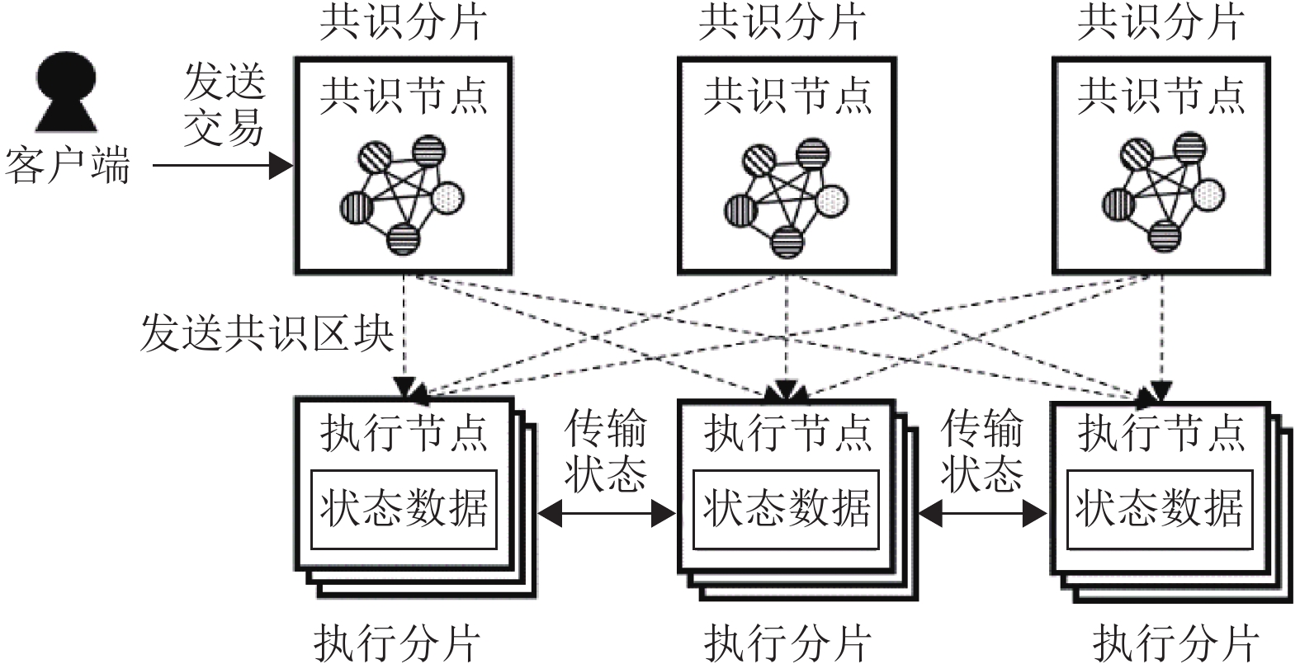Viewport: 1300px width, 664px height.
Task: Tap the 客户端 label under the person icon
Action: pos(68,165)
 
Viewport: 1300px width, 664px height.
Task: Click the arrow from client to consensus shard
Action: pos(223,167)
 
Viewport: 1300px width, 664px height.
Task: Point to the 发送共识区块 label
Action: pos(266,332)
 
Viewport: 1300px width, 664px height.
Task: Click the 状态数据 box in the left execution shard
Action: pos(404,509)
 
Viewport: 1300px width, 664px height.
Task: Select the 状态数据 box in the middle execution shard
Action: pos(787,509)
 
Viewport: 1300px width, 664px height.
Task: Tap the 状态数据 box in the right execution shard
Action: pos(1160,509)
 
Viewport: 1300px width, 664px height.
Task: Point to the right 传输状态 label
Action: pos(982,452)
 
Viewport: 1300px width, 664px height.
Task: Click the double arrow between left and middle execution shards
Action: pos(607,514)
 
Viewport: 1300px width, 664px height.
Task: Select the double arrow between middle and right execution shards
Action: pos(982,514)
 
